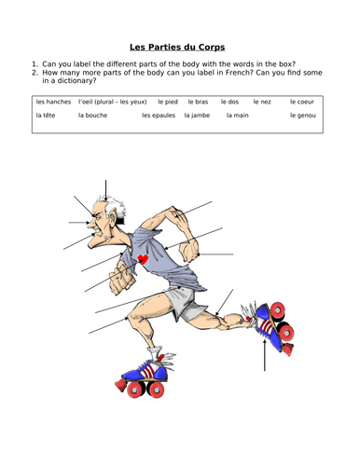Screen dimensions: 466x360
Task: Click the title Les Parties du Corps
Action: (179, 44)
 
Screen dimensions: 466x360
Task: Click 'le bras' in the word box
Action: (197, 101)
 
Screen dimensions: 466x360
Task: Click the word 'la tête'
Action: (46, 116)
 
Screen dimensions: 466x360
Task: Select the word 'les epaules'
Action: (159, 116)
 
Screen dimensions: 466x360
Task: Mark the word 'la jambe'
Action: (198, 116)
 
